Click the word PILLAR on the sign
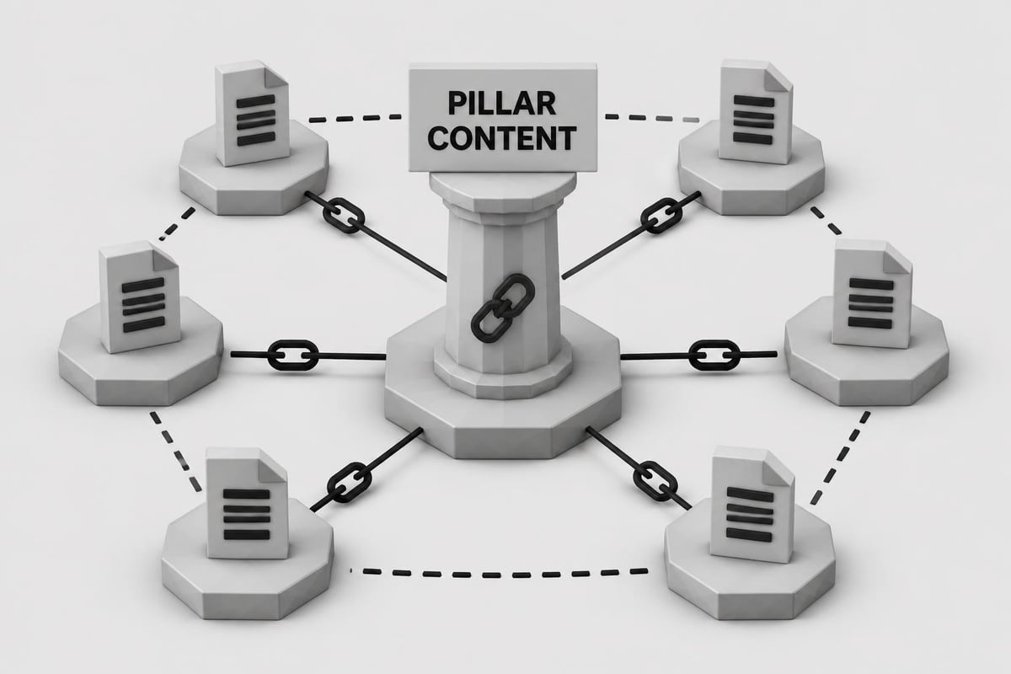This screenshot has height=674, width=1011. (501, 104)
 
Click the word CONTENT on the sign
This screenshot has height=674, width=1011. (501, 138)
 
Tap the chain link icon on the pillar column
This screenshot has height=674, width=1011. (502, 308)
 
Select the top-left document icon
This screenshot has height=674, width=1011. (252, 113)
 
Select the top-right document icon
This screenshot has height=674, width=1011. (756, 111)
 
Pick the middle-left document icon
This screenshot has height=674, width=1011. (140, 297)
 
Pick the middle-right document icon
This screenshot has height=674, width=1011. (872, 294)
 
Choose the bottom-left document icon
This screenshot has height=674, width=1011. (247, 503)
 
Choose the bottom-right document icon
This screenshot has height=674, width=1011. (752, 505)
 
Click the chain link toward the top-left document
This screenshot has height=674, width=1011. (344, 216)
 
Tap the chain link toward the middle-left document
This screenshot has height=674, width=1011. (293, 356)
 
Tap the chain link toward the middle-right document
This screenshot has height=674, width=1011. (714, 356)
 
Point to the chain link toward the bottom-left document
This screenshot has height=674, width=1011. (350, 482)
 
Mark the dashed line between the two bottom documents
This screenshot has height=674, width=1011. (499, 574)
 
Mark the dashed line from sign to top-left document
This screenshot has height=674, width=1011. (356, 118)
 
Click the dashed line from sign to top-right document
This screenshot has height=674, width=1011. (652, 118)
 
